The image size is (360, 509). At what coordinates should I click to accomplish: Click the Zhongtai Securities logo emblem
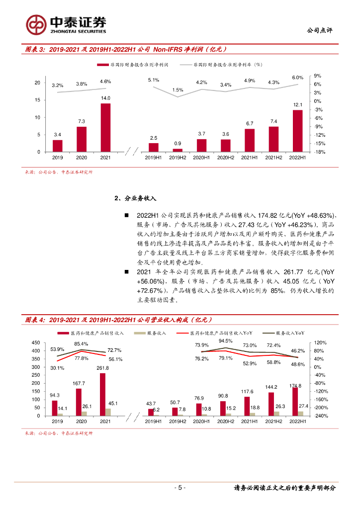pos(36,24)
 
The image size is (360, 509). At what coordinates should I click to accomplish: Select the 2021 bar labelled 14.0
pos(105,127)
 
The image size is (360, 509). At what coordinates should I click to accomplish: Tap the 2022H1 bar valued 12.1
pos(298,131)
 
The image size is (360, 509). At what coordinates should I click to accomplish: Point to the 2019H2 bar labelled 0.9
pos(178,150)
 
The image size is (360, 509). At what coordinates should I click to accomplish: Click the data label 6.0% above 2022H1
pos(297,78)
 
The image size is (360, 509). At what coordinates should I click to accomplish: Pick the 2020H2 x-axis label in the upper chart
pos(225,158)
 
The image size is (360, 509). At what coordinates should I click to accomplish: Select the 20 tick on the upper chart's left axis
pos(37,83)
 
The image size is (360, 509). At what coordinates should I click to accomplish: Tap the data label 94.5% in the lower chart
pos(225,341)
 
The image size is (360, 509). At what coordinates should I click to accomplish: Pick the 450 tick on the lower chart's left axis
pos(35,343)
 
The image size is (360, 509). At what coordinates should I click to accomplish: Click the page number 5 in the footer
pos(180,488)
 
